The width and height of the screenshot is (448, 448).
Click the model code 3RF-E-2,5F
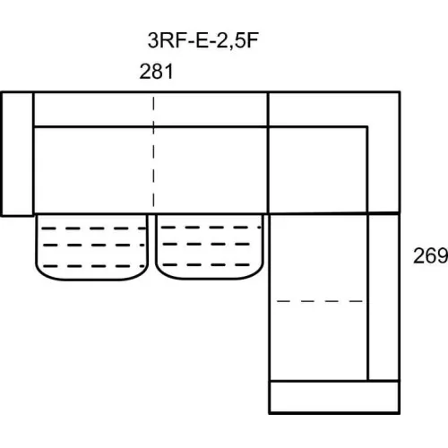click(x=202, y=41)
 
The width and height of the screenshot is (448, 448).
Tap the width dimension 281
click(x=156, y=72)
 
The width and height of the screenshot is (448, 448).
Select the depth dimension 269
click(x=430, y=255)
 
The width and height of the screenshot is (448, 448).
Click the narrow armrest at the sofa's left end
click(x=17, y=154)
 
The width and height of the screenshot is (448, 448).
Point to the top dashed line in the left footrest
click(x=93, y=228)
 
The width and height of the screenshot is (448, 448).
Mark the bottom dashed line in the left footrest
click(x=94, y=266)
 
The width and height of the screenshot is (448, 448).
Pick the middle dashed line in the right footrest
click(x=206, y=244)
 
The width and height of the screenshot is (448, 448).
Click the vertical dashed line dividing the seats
click(x=153, y=151)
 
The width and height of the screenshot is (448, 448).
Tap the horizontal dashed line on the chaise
click(x=320, y=301)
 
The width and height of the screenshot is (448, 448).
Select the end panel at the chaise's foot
click(x=334, y=397)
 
